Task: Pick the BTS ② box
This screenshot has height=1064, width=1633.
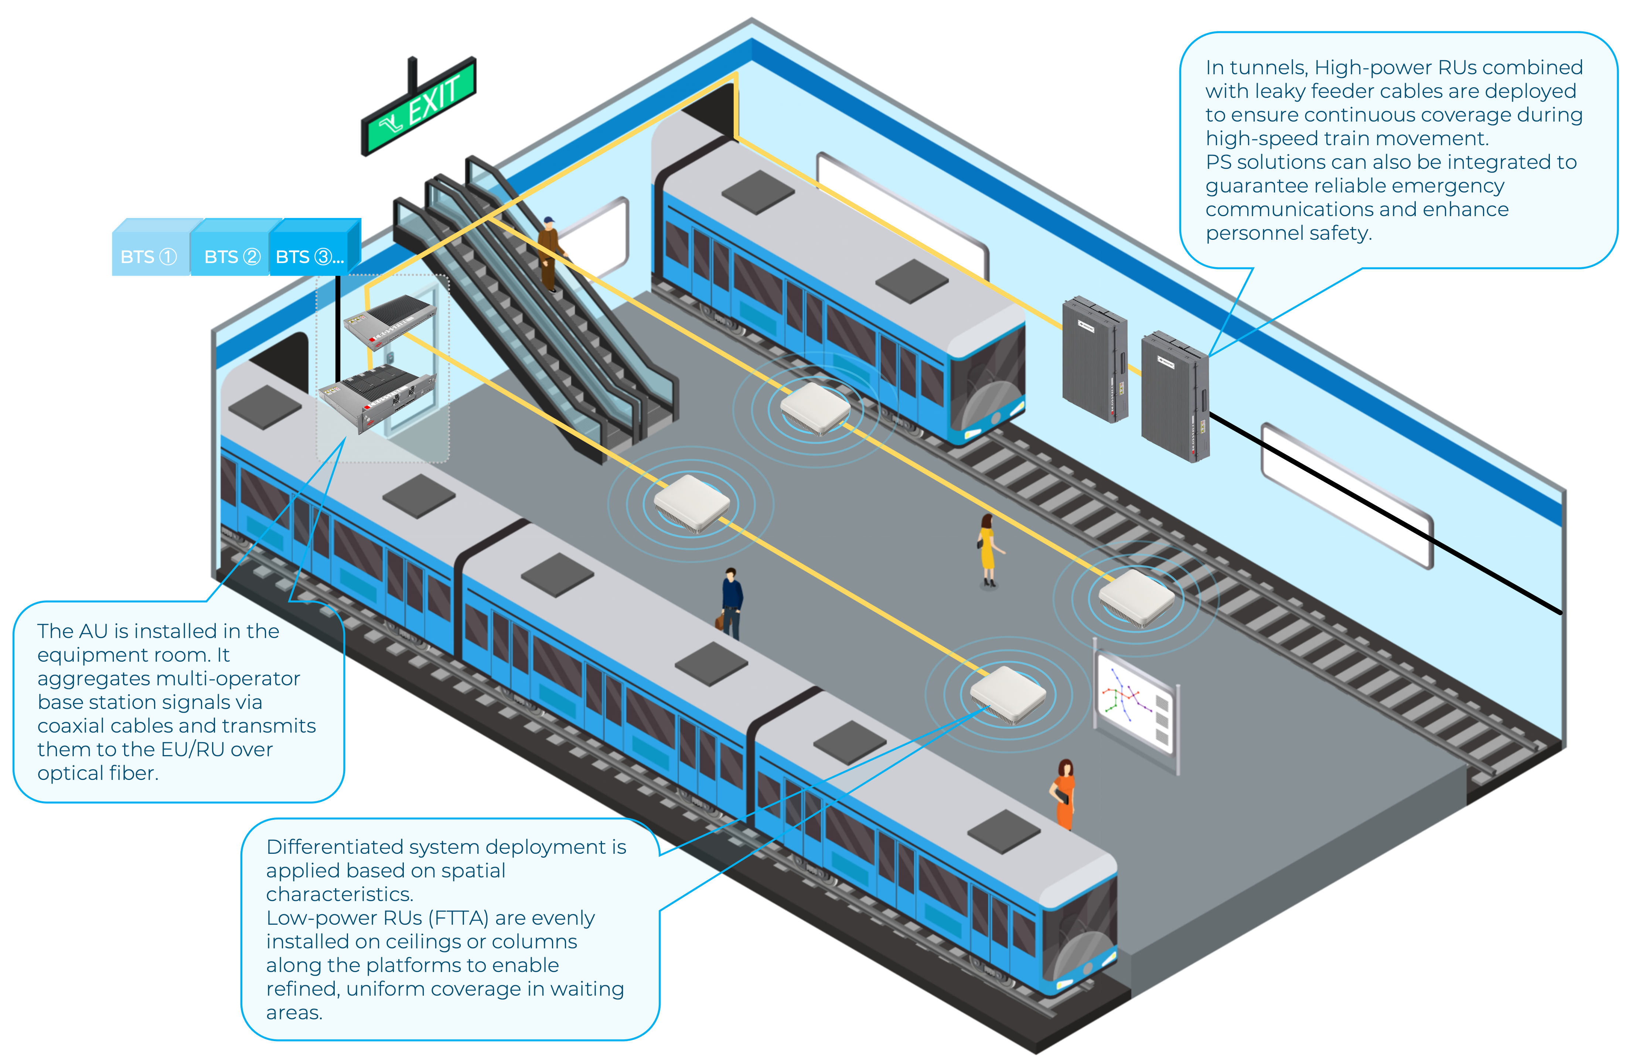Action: (232, 256)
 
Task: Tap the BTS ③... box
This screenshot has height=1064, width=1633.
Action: (310, 256)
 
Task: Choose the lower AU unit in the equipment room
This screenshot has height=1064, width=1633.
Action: (377, 398)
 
